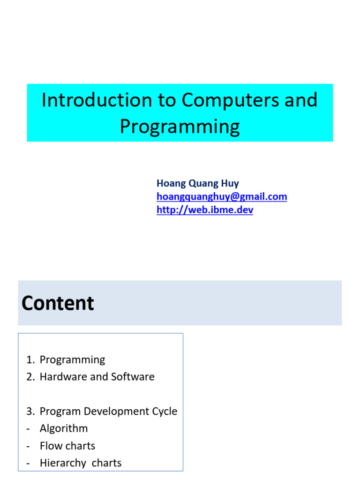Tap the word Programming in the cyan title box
[x=180, y=126]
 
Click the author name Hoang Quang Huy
[x=197, y=183]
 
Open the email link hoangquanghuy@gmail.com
[x=222, y=197]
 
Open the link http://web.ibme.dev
[x=205, y=210]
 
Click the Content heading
[x=58, y=303]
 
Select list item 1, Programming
[x=72, y=360]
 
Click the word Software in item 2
[x=133, y=377]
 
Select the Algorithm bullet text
[x=64, y=428]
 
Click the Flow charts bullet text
[x=67, y=446]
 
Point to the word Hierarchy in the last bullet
[x=63, y=463]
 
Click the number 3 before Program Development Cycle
[x=30, y=412]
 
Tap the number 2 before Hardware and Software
[x=30, y=377]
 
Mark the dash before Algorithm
[x=29, y=428]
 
